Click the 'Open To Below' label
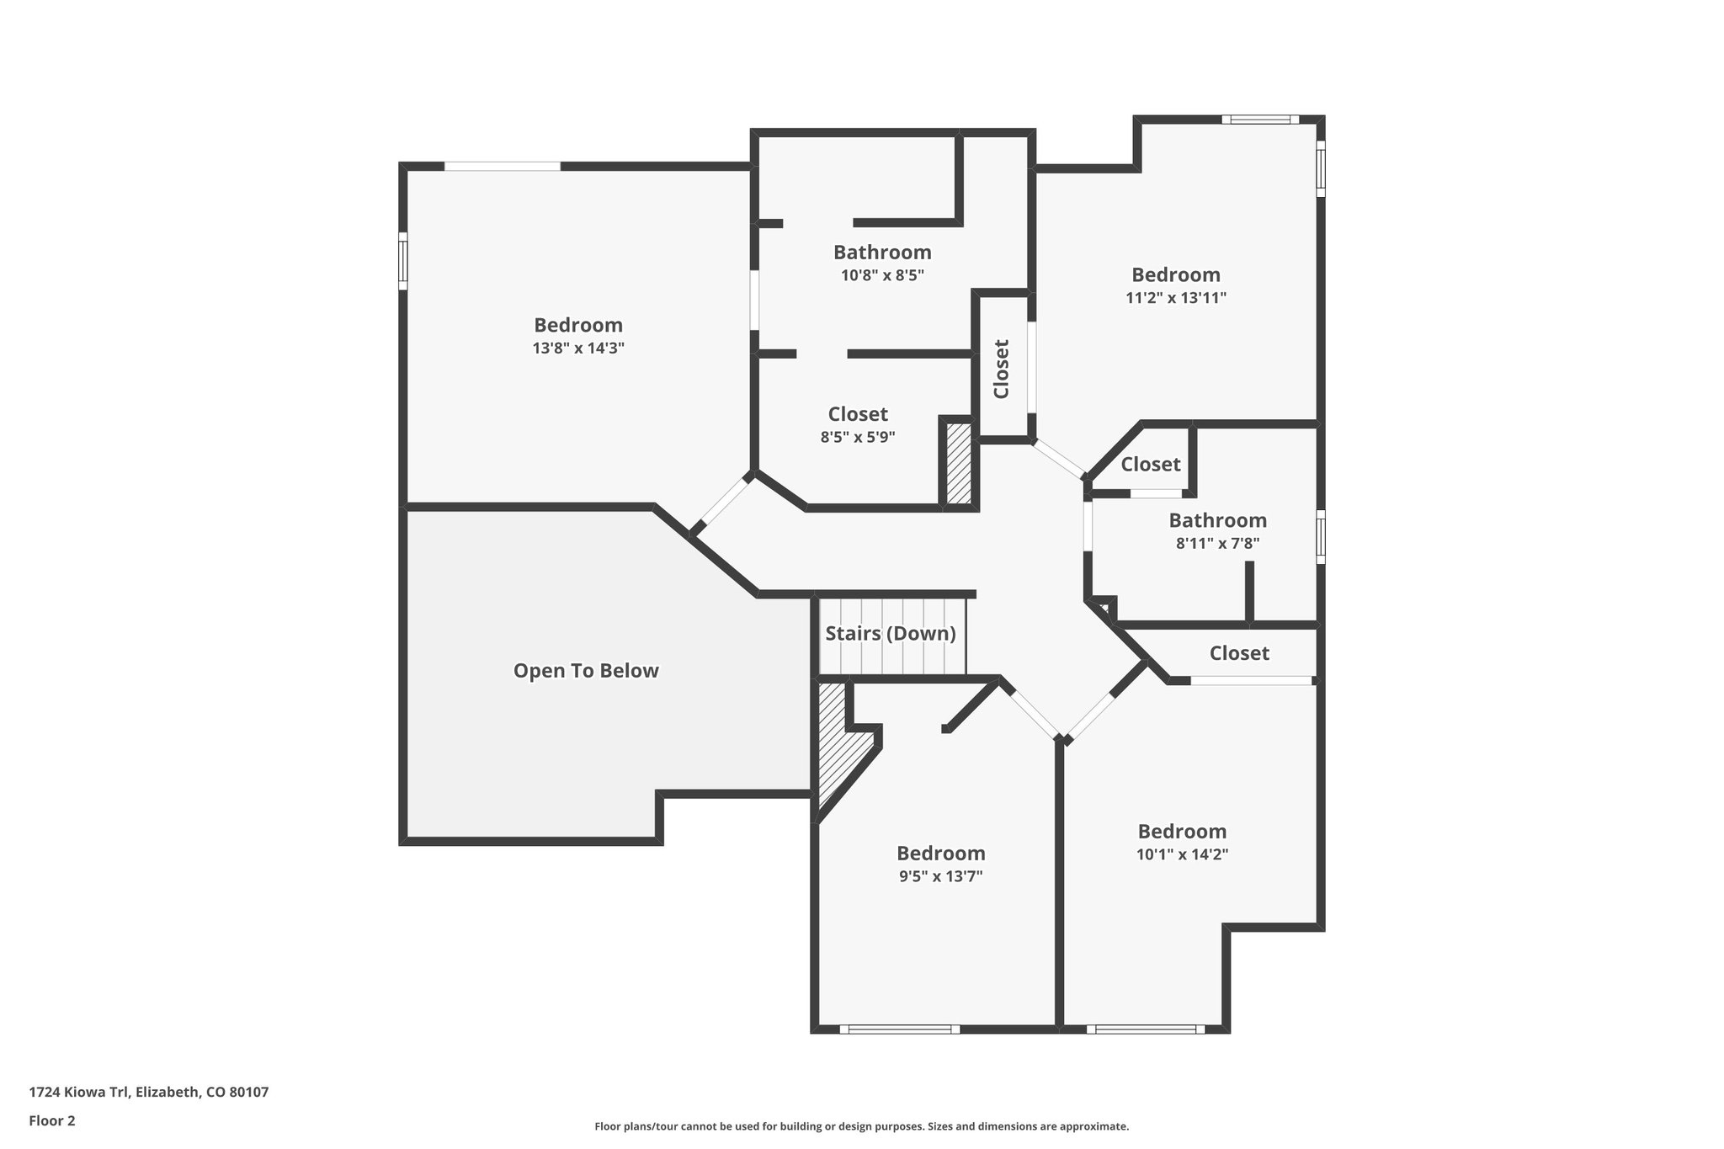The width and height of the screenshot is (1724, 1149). pyautogui.click(x=586, y=671)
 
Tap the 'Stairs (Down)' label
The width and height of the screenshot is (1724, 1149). pyautogui.click(x=890, y=634)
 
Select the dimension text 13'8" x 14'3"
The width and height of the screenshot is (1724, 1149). pyautogui.click(x=578, y=348)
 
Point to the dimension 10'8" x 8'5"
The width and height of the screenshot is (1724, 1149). pyautogui.click(x=882, y=275)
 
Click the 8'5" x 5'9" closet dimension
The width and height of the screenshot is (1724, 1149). pyautogui.click(x=857, y=437)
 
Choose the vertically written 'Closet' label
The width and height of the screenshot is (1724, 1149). pyautogui.click(x=1001, y=369)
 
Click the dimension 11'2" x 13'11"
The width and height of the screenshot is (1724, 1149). pyautogui.click(x=1175, y=298)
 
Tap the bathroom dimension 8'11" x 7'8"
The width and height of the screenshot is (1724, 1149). pyautogui.click(x=1217, y=544)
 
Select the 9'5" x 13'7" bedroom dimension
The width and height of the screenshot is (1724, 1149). pyautogui.click(x=940, y=876)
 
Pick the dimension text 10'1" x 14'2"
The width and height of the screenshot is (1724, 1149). pyautogui.click(x=1182, y=854)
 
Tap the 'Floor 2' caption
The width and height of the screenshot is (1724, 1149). pyautogui.click(x=52, y=1121)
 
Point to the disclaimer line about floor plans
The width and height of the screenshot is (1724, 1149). pyautogui.click(x=861, y=1126)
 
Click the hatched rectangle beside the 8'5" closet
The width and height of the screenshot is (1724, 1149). pyautogui.click(x=959, y=464)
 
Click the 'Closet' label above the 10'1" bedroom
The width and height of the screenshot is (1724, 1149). pyautogui.click(x=1239, y=653)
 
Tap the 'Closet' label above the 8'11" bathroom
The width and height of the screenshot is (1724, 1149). pyautogui.click(x=1150, y=465)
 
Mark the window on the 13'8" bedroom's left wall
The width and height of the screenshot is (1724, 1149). pyautogui.click(x=403, y=261)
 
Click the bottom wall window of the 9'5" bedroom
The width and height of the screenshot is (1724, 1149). pyautogui.click(x=899, y=1029)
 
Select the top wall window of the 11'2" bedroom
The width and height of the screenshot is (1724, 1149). pyautogui.click(x=1259, y=120)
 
